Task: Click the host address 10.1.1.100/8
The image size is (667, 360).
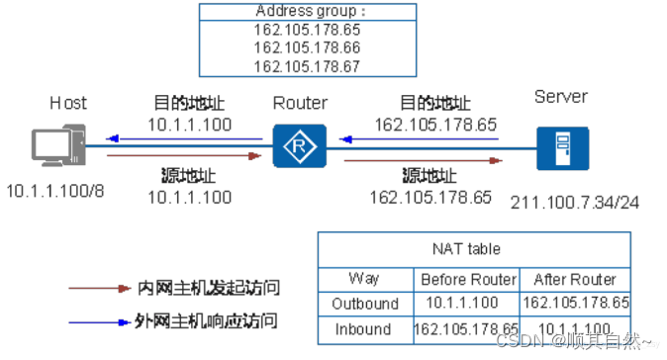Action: (55, 190)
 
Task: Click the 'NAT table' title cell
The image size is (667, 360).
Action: (473, 248)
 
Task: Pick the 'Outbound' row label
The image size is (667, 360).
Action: (366, 304)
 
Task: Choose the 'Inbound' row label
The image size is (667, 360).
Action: (366, 328)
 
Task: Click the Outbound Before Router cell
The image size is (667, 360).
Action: (464, 304)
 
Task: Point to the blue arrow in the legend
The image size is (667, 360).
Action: (97, 322)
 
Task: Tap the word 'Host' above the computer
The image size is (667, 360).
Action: (69, 103)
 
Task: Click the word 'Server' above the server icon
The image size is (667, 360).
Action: (560, 97)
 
